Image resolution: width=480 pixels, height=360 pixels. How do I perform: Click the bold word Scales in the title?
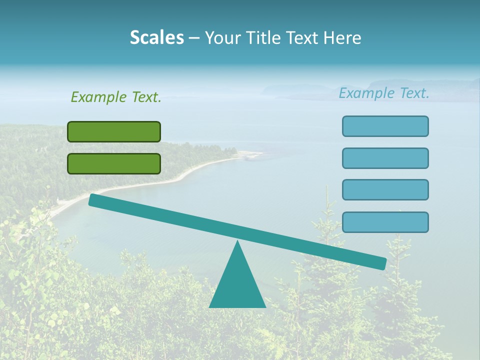[x=156, y=37]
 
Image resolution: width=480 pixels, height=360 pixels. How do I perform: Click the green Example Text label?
[x=116, y=97]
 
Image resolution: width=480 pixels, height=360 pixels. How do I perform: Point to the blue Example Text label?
[x=384, y=93]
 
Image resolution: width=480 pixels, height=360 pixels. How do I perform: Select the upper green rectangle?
[x=114, y=131]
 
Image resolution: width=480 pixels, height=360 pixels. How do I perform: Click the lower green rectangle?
[x=114, y=163]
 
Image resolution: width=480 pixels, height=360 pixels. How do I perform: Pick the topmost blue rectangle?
[x=385, y=126]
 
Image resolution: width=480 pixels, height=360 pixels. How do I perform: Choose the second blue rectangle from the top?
[x=385, y=158]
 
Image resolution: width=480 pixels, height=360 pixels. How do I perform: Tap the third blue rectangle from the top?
[x=385, y=190]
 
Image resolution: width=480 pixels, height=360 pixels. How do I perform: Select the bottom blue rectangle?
[x=385, y=222]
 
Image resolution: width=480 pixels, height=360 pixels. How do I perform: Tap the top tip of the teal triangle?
[x=237, y=242]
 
